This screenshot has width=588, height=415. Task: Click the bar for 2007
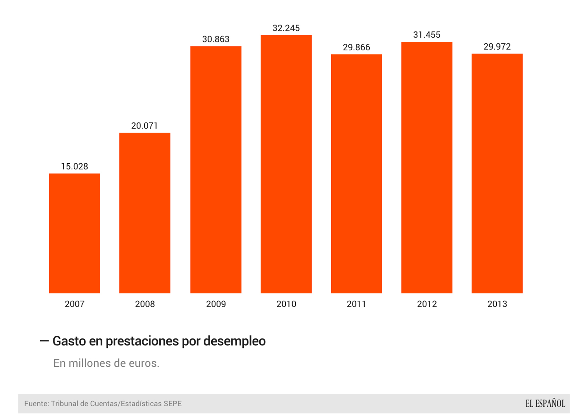74,233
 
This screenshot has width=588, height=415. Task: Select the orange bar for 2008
145,213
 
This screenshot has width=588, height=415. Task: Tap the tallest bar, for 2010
286,164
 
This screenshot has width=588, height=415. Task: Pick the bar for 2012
427,167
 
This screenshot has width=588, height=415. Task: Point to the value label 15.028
74,167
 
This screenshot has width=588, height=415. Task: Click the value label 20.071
144,126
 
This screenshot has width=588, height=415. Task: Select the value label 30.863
216,39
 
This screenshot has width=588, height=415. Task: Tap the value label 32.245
286,28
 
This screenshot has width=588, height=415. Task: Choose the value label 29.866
356,48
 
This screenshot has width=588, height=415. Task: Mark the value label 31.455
427,35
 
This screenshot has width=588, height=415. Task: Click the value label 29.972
497,47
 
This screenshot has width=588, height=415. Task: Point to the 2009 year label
216,304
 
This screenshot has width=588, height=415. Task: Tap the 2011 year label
356,304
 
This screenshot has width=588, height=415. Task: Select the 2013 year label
497,304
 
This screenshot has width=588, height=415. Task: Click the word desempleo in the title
234,341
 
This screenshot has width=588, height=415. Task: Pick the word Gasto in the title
69,341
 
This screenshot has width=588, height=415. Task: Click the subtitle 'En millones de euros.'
106,363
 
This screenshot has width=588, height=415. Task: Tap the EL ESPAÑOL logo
545,404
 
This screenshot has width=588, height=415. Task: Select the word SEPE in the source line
173,404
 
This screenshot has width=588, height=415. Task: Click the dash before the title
44,341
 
